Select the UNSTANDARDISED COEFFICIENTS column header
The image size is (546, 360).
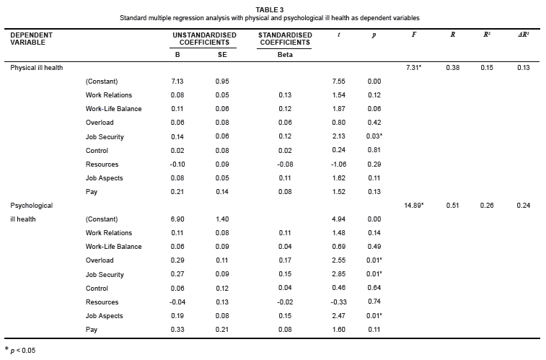pos(204,38)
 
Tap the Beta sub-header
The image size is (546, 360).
pos(285,54)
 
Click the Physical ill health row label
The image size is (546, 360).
pos(37,68)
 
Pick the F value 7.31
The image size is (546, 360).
pos(413,68)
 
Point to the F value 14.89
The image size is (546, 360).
pos(413,206)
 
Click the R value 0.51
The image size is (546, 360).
pos(452,206)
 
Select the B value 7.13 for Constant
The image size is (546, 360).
pos(177,82)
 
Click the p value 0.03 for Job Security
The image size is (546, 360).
pos(375,137)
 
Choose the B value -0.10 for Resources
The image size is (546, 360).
pos(177,164)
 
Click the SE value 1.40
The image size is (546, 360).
pos(222,219)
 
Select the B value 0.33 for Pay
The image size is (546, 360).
pos(177,330)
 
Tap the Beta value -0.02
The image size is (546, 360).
pos(285,302)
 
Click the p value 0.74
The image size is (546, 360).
pos(374,302)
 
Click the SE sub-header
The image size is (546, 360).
pos(222,54)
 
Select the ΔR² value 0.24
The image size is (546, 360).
pos(523,206)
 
